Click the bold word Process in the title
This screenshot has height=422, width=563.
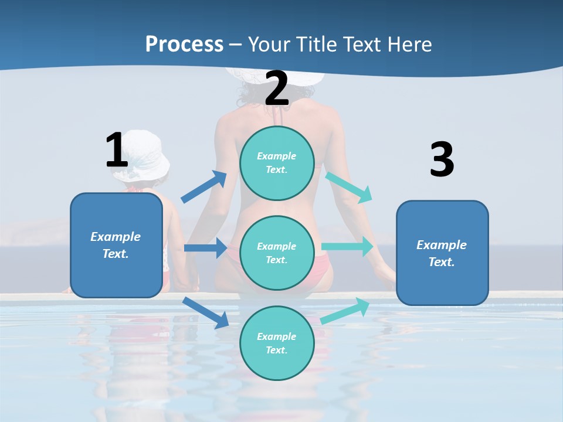tap(184, 44)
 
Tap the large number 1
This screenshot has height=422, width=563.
tap(117, 150)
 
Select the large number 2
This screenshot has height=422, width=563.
tap(277, 89)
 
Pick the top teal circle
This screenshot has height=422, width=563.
tap(277, 163)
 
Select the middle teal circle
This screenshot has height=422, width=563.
tap(277, 253)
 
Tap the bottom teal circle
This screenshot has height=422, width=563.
tap(277, 343)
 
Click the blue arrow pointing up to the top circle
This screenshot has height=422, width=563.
tap(204, 187)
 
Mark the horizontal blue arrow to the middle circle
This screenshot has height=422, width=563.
tap(205, 248)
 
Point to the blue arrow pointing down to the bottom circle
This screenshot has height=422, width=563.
tap(205, 312)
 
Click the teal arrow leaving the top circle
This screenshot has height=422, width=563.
tap(350, 187)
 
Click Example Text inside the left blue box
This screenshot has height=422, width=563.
tap(116, 245)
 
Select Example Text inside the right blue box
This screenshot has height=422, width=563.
tap(442, 253)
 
